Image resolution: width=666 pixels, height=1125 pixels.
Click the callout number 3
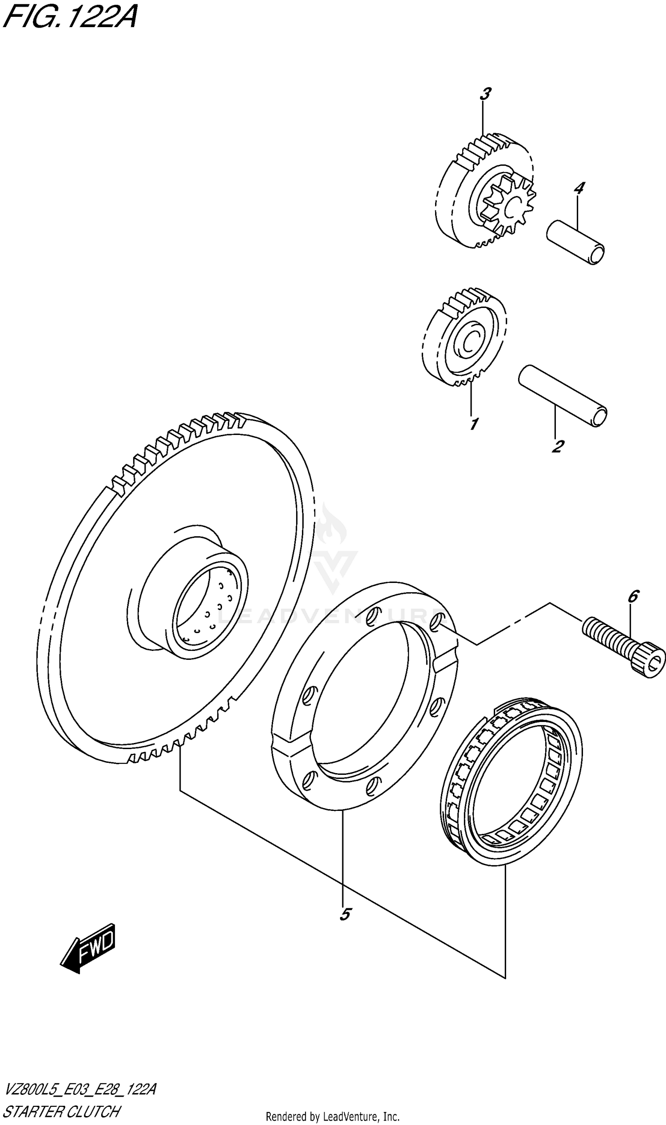(x=485, y=94)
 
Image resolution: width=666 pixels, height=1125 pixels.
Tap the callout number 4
(x=579, y=188)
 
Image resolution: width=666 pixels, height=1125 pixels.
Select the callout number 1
(x=473, y=423)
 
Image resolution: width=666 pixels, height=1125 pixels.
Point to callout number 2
(x=557, y=447)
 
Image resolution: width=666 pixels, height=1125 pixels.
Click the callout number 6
(x=633, y=597)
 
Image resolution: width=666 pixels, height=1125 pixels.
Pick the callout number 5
(x=345, y=914)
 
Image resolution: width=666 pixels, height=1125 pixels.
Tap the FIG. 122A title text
(x=70, y=17)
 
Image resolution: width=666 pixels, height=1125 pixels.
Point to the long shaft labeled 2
(x=563, y=395)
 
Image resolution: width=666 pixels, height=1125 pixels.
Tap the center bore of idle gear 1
(x=469, y=343)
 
